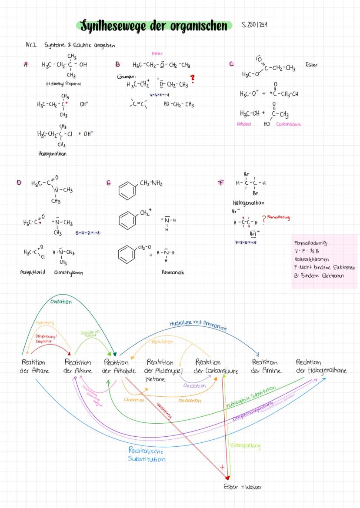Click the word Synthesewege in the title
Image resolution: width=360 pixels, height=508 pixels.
coord(110,26)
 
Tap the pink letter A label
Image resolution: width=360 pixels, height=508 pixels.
coord(26,64)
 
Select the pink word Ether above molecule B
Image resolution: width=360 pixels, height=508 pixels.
coord(157,53)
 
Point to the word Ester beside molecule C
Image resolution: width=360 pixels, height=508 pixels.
coord(311,65)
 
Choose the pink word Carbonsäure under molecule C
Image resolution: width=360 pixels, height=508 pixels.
coord(288,124)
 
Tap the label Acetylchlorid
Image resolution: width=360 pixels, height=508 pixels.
coord(33,272)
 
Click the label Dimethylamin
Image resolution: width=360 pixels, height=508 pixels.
coord(68,272)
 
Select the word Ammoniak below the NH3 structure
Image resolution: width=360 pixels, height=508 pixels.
coord(173,272)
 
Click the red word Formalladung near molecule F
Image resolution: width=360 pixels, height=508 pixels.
coord(279,217)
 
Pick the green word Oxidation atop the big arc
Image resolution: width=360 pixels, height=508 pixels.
coord(61,302)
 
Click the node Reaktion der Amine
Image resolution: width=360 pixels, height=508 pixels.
coord(267,366)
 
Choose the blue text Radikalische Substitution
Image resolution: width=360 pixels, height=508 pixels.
coord(147,455)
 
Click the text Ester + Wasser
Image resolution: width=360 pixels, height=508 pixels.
coord(243,487)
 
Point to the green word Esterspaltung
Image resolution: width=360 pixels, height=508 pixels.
coord(245,446)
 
